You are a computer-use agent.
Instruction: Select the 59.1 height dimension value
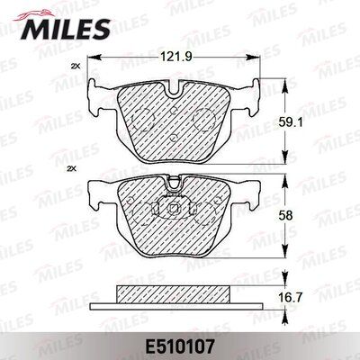pos(285,122)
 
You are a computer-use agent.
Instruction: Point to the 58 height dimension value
pos(285,216)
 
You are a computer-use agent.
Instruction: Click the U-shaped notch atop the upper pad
pos(175,91)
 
